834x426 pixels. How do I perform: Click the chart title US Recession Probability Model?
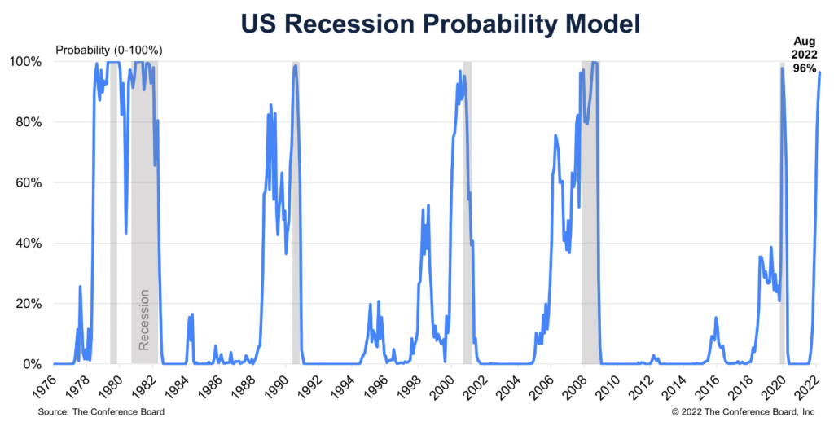417,24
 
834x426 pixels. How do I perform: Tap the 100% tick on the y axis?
32,62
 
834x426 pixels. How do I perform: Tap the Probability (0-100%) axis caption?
109,50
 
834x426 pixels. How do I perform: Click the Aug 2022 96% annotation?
805,55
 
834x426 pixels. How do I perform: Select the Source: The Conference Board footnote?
101,412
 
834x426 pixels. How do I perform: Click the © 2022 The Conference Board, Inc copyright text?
749,412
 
